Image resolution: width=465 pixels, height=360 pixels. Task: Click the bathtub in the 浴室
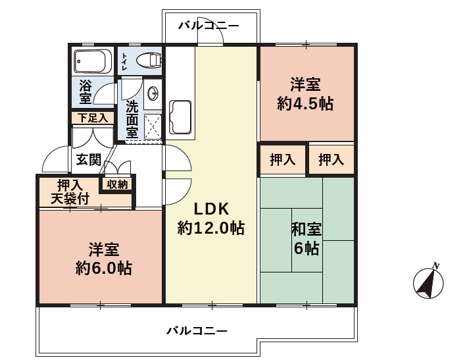click(93, 61)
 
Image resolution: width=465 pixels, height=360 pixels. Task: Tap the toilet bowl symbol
click(149, 60)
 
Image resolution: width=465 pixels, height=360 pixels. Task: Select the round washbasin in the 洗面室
click(153, 93)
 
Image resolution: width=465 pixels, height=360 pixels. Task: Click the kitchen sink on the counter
click(180, 117)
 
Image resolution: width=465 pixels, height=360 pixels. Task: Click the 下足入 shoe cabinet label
click(93, 118)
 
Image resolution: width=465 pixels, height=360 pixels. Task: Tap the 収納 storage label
click(117, 184)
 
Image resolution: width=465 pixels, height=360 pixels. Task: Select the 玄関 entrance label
click(89, 159)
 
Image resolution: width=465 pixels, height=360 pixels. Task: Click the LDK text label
click(211, 209)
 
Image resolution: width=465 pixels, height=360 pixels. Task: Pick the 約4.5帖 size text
click(305, 103)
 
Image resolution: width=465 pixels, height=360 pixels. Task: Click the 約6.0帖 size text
click(103, 268)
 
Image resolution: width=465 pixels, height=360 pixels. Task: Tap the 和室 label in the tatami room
click(306, 229)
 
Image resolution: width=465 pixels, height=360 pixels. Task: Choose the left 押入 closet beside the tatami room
click(283, 160)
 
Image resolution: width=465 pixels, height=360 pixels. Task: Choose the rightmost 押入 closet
click(331, 160)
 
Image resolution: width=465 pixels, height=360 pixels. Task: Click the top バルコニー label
click(208, 26)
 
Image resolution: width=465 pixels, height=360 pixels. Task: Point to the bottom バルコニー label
click(197, 330)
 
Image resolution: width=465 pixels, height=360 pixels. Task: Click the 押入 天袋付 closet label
click(70, 192)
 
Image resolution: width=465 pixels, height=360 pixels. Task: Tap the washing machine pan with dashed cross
click(153, 127)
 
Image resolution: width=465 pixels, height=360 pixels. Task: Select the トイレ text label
click(124, 62)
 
